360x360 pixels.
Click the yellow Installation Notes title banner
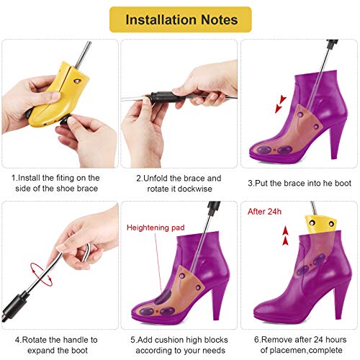tap(181, 19)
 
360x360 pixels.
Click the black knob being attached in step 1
tap(66, 120)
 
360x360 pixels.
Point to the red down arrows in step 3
tap(280, 104)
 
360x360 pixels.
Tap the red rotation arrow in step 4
tap(41, 274)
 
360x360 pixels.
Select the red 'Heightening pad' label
tap(156, 228)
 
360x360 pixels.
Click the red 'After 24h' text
tap(264, 212)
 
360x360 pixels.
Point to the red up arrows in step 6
tap(285, 236)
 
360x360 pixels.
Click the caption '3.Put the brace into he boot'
tap(300, 184)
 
